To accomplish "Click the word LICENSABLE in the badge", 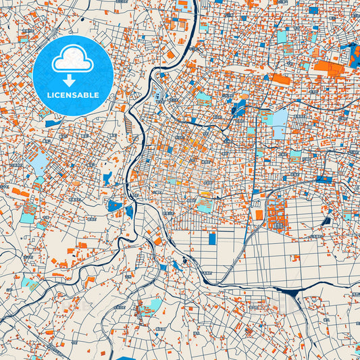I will pyautogui.click(x=72, y=95).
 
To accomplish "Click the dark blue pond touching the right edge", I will pyautogui.click(x=353, y=54).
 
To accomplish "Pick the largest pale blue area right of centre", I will pyautogui.click(x=279, y=119).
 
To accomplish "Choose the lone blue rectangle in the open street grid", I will pyautogui.click(x=212, y=238).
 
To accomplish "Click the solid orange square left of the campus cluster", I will pyautogui.click(x=259, y=215).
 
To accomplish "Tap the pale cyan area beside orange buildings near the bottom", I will pyautogui.click(x=153, y=305).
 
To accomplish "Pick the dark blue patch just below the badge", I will pyautogui.click(x=53, y=124).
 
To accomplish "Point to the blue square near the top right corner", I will pyautogui.click(x=313, y=10).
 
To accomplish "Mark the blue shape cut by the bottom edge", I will pyautogui.click(x=128, y=357).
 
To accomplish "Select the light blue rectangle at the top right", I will pyautogui.click(x=282, y=36).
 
